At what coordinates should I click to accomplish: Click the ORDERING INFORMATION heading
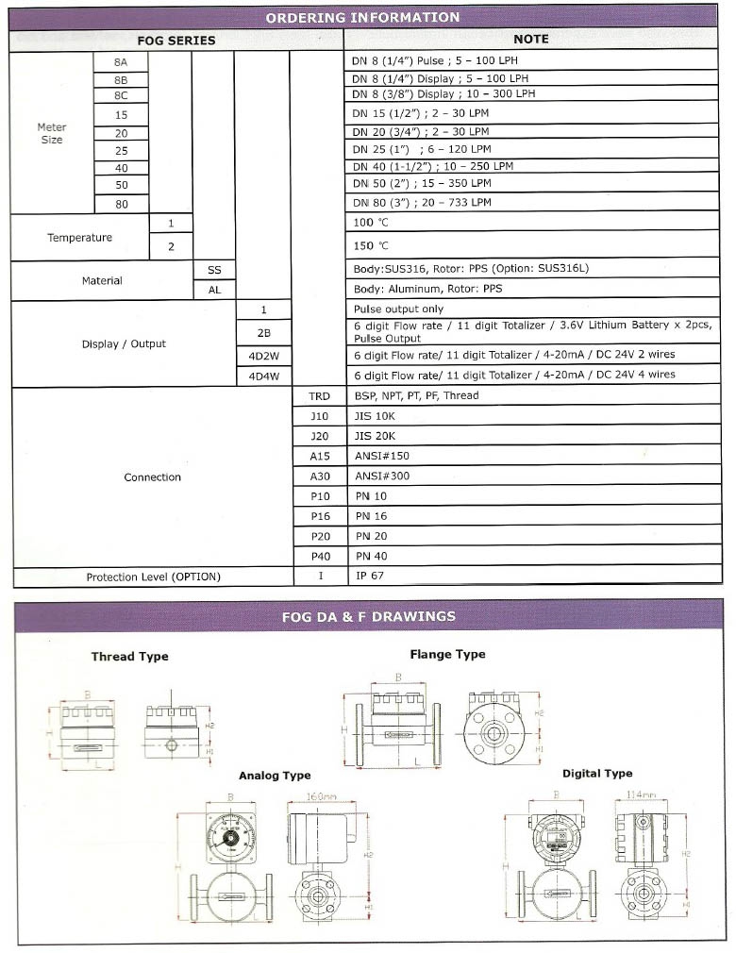click(x=362, y=17)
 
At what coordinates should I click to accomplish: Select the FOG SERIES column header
click(x=176, y=41)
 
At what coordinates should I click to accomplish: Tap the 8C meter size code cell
click(x=120, y=94)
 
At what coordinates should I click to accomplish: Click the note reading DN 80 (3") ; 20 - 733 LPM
click(x=422, y=203)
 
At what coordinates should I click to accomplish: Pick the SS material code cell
click(x=214, y=270)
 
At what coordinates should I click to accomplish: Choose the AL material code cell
click(x=214, y=291)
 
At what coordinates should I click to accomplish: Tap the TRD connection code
click(x=319, y=396)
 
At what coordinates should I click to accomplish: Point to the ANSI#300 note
click(x=382, y=476)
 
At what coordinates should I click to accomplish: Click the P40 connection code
click(x=319, y=556)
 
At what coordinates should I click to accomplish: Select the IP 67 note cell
click(x=370, y=576)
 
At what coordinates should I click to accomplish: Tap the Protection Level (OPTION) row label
click(x=153, y=577)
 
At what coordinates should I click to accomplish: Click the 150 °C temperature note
click(x=371, y=246)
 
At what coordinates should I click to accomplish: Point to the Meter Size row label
click(x=52, y=133)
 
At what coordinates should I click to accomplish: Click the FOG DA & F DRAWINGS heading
click(x=368, y=617)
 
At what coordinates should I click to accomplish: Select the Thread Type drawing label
click(x=130, y=657)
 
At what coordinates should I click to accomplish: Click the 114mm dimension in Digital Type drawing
click(x=642, y=794)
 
